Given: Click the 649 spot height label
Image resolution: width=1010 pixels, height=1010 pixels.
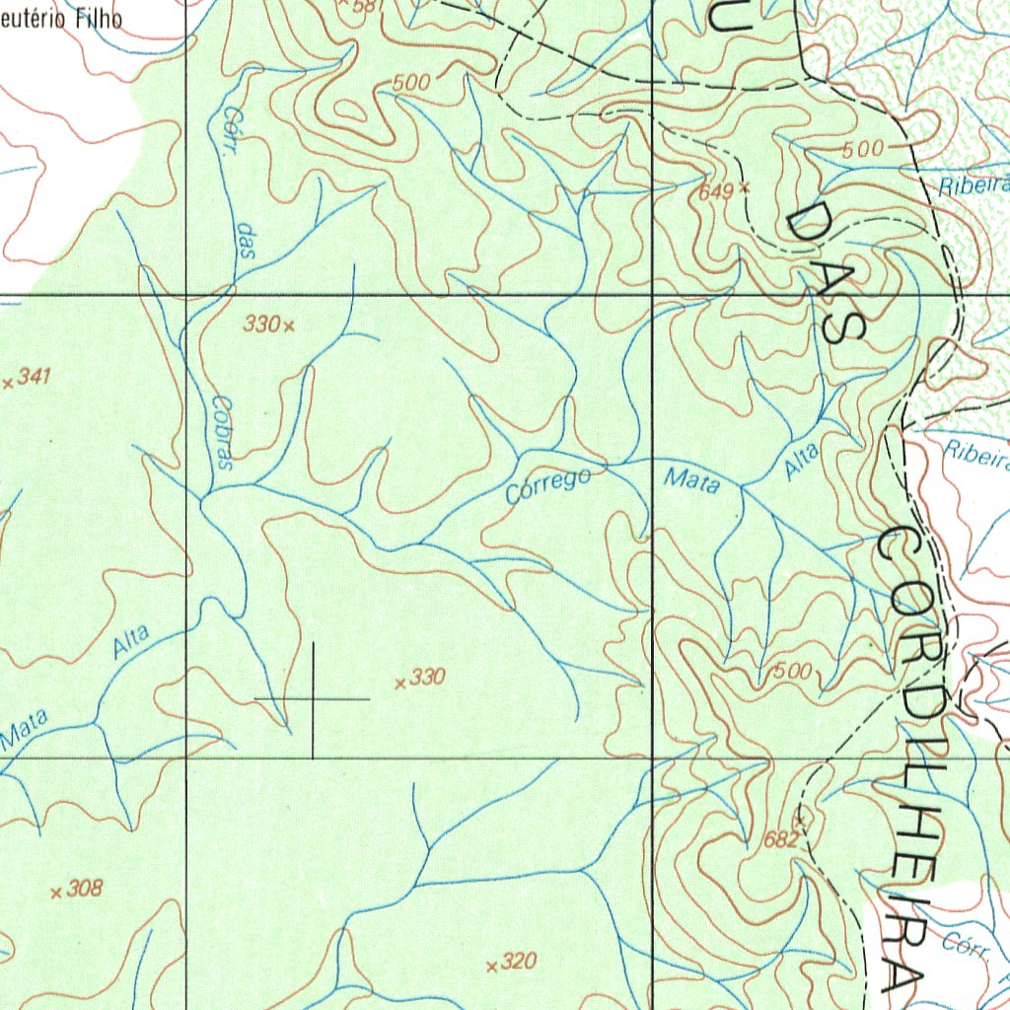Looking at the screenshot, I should point(715,192).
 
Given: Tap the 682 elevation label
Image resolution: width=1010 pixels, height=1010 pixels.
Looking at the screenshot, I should point(780,840).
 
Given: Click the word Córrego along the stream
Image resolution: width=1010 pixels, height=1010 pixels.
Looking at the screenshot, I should point(548,486).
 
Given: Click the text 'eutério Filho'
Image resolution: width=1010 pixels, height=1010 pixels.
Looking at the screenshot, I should point(61,18).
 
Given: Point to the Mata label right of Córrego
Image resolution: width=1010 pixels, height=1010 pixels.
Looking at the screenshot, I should point(691,481).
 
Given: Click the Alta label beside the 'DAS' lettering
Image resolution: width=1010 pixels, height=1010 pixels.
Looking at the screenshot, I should point(802,461).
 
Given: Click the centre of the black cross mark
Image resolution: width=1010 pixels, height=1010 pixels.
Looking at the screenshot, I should point(313,699).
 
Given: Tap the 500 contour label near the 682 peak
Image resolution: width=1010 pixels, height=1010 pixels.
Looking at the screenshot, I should point(792,672).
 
